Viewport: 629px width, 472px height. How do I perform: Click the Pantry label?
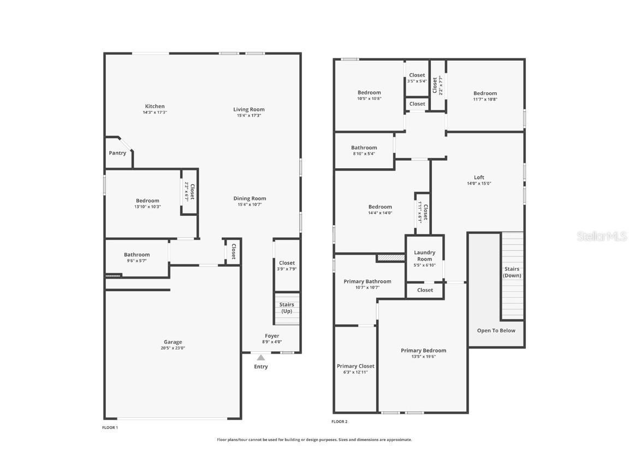117,153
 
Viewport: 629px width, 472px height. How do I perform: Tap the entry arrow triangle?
261,358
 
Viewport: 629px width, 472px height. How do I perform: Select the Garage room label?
173,342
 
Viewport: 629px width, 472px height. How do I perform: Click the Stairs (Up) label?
287,308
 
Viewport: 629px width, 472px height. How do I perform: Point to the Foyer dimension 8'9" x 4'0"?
272,342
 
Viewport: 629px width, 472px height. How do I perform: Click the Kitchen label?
155,107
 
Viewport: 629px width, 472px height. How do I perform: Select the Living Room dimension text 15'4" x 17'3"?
248,116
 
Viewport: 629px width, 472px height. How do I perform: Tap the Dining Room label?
250,198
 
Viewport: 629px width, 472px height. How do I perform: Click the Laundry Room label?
424,256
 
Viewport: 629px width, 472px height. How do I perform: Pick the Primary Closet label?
355,366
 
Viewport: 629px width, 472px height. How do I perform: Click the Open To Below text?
496,331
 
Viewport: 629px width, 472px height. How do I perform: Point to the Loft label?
479,177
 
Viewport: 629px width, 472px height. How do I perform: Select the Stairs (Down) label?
512,272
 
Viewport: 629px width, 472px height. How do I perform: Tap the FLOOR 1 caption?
110,427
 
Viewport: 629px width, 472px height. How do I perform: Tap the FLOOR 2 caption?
339,421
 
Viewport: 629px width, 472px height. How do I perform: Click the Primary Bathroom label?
367,281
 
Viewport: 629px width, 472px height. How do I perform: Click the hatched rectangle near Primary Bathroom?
390,258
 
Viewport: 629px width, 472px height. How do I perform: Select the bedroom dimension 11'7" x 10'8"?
485,99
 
